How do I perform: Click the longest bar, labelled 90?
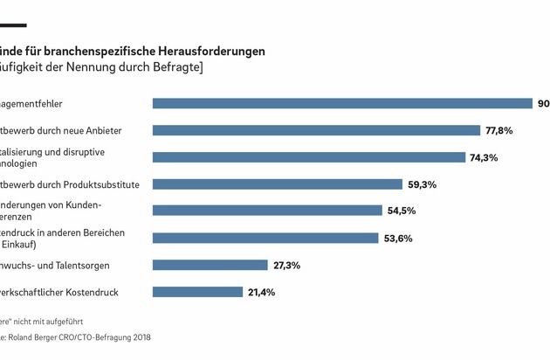pyautogui.click(x=342, y=103)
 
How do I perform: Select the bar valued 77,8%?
pyautogui.click(x=316, y=130)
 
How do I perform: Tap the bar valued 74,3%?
pyautogui.click(x=309, y=157)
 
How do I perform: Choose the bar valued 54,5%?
pyautogui.click(x=267, y=211)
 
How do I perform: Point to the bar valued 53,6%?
pyautogui.click(x=265, y=238)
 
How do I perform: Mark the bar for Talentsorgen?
pyautogui.click(x=210, y=265)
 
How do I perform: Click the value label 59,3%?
pyautogui.click(x=422, y=184)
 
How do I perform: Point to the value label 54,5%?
pyautogui.click(x=402, y=211)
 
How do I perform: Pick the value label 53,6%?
pyautogui.click(x=398, y=238)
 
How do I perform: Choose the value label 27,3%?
pyautogui.click(x=288, y=265)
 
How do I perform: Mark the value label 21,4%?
pyautogui.click(x=262, y=292)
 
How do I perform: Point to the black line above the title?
pyautogui.click(x=12, y=25)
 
